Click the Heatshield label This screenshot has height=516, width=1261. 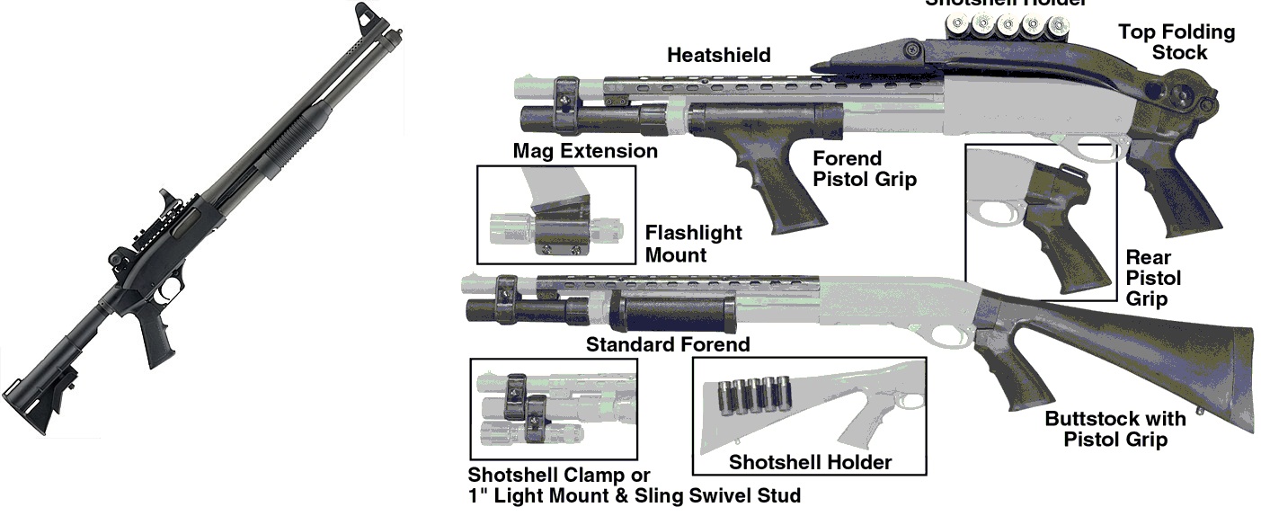click(x=718, y=56)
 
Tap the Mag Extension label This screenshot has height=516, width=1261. click(x=585, y=151)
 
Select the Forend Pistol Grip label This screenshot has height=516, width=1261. click(x=864, y=169)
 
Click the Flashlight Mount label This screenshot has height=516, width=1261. click(x=693, y=244)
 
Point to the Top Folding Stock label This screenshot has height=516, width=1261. click(x=1176, y=42)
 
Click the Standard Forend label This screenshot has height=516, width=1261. click(x=667, y=344)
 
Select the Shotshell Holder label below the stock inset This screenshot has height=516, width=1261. click(x=810, y=462)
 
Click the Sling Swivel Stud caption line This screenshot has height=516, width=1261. click(x=634, y=494)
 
